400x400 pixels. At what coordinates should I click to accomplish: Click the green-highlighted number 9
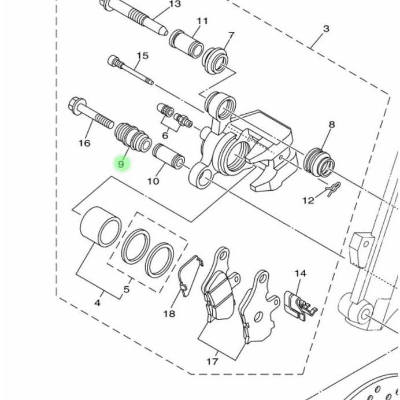(121, 164)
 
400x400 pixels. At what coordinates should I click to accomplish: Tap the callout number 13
(175, 5)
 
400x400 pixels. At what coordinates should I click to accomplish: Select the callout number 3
(326, 29)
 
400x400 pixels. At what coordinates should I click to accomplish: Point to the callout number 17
(212, 361)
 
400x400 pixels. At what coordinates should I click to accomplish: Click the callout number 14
(300, 273)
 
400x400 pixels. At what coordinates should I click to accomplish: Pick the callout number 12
(308, 201)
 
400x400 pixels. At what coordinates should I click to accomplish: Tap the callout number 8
(331, 125)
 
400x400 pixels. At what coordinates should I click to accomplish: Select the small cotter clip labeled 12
(334, 189)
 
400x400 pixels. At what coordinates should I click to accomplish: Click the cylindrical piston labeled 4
(100, 227)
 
